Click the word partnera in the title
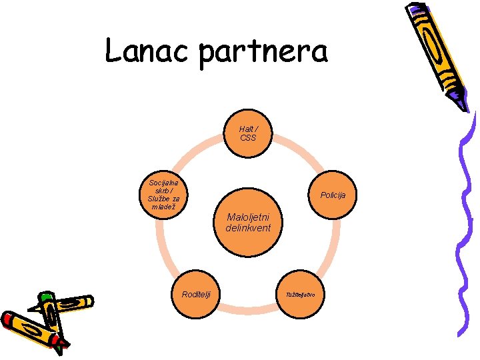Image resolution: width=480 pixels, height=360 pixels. tap(263, 53)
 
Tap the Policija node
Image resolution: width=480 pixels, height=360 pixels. tap(331, 195)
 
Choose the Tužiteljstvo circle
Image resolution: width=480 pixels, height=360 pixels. tap(304, 294)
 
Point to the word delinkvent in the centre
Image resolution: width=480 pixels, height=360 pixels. tap(248, 228)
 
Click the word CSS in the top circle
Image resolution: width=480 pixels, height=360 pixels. tap(248, 138)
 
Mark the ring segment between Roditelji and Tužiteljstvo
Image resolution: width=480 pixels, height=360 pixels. tap(249, 309)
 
